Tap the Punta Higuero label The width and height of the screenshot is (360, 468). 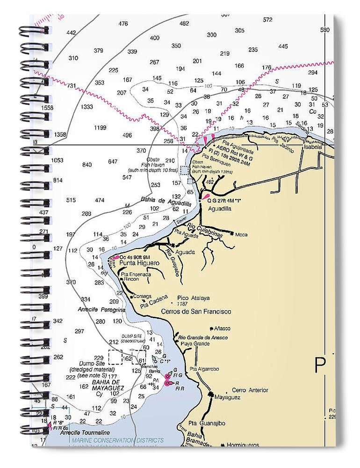click(139, 263)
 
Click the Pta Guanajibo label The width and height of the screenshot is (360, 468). click(207, 424)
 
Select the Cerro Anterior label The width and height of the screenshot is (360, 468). click(250, 390)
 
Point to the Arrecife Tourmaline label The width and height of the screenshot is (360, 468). click(85, 432)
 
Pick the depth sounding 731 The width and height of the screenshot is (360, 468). click(72, 86)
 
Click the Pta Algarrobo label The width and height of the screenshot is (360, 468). click(204, 369)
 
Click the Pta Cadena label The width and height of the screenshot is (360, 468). click(154, 302)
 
